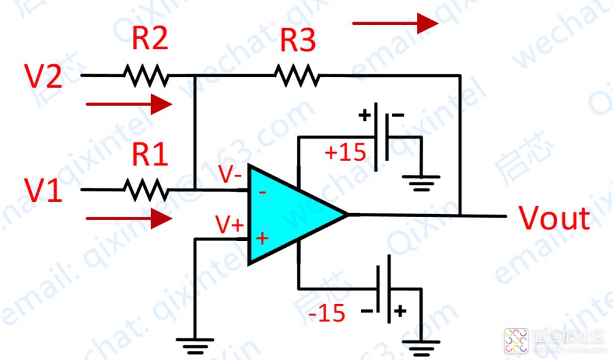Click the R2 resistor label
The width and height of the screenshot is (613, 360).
[150, 40]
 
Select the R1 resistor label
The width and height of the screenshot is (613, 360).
[150, 156]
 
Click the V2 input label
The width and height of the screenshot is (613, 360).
[43, 78]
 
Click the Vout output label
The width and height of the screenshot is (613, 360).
[555, 218]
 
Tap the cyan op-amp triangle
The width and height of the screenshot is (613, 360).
[288, 215]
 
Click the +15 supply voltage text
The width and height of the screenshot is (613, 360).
[345, 152]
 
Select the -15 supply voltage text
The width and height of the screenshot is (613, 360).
[327, 314]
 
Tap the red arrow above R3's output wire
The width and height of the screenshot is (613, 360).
[395, 24]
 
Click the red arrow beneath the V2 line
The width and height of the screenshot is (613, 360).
[129, 104]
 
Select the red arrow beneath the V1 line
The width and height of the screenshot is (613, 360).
[129, 217]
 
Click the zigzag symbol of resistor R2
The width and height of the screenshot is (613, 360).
[145, 75]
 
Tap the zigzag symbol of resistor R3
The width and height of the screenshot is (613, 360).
[297, 75]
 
